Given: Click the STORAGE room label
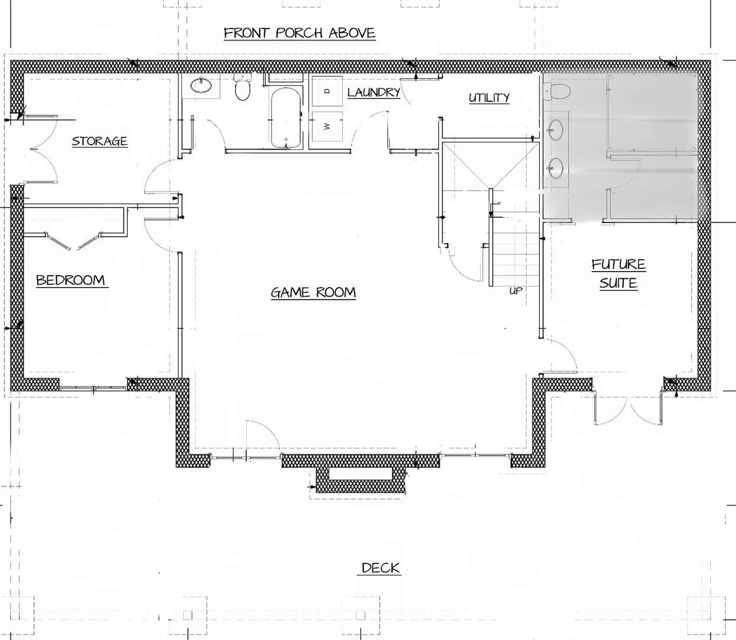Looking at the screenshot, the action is pyautogui.click(x=100, y=141).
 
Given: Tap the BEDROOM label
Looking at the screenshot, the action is pyautogui.click(x=71, y=280).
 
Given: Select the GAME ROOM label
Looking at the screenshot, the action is pyautogui.click(x=313, y=292).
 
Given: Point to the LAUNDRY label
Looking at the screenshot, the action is pyautogui.click(x=374, y=92).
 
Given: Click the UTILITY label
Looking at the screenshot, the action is pyautogui.click(x=489, y=97).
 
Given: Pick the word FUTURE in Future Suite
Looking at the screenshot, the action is pyautogui.click(x=619, y=265).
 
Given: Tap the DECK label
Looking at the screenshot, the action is pyautogui.click(x=381, y=568).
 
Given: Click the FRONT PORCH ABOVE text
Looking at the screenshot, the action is pyautogui.click(x=300, y=33).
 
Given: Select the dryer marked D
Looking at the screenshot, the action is pyautogui.click(x=327, y=91).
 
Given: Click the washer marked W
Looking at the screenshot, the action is pyautogui.click(x=327, y=126).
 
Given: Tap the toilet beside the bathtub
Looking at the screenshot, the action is pyautogui.click(x=243, y=87).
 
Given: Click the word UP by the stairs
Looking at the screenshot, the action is pyautogui.click(x=515, y=291).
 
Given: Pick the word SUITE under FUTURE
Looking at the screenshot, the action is pyautogui.click(x=619, y=283).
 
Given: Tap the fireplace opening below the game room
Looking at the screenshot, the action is pyautogui.click(x=360, y=474).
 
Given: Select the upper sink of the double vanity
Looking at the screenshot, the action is pyautogui.click(x=556, y=129).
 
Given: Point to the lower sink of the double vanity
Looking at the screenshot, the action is pyautogui.click(x=556, y=168).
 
